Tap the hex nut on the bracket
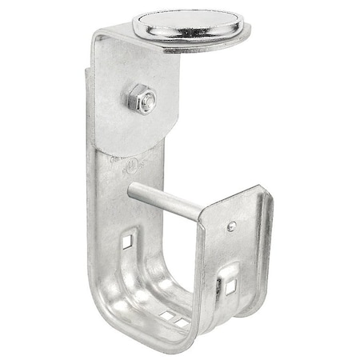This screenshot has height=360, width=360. pyautogui.click(x=140, y=100)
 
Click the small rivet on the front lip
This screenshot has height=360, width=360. pyautogui.click(x=231, y=226)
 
